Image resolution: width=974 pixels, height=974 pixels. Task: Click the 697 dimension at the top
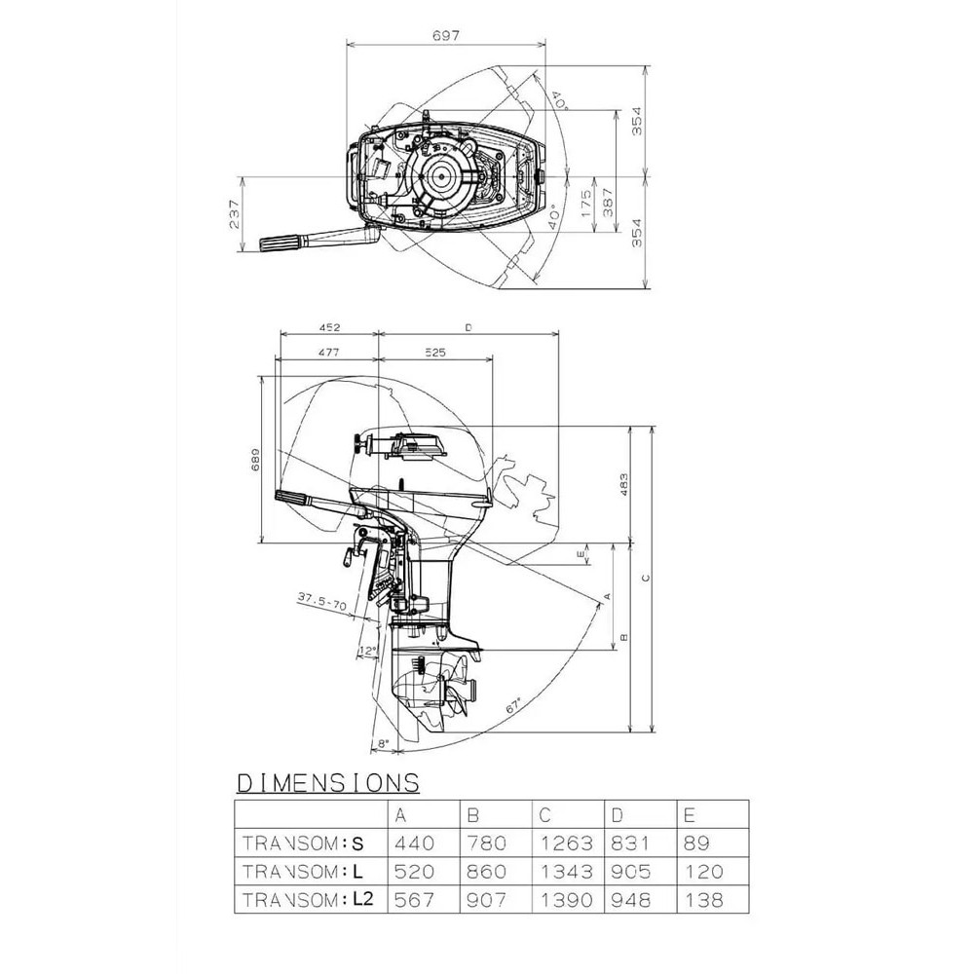point(445,35)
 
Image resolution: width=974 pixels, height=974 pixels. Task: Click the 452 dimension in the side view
point(328,328)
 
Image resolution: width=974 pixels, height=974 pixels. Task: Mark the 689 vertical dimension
point(256,460)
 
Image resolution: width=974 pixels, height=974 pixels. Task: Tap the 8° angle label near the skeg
point(383,743)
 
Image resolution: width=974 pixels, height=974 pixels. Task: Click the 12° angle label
point(368,650)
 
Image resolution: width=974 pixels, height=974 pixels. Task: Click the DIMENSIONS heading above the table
point(328,782)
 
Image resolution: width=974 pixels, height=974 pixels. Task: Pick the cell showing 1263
point(565,843)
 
